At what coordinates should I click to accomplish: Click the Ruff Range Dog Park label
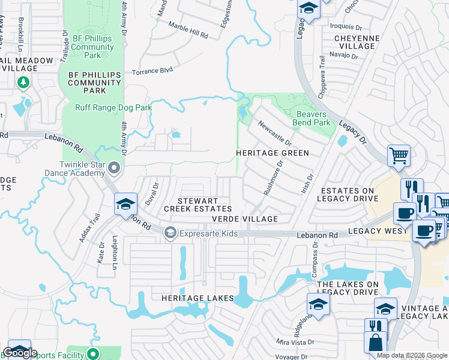[x=113, y=107]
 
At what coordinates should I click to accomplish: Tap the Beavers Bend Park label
[x=313, y=118]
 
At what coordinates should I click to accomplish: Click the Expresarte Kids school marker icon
[x=170, y=233]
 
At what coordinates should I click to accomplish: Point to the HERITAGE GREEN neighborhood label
[x=272, y=153]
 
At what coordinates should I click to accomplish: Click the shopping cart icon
[x=399, y=156]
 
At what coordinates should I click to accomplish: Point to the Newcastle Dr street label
[x=274, y=133]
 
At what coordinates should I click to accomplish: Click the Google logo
[x=20, y=353]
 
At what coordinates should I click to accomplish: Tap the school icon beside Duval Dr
[x=125, y=205]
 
